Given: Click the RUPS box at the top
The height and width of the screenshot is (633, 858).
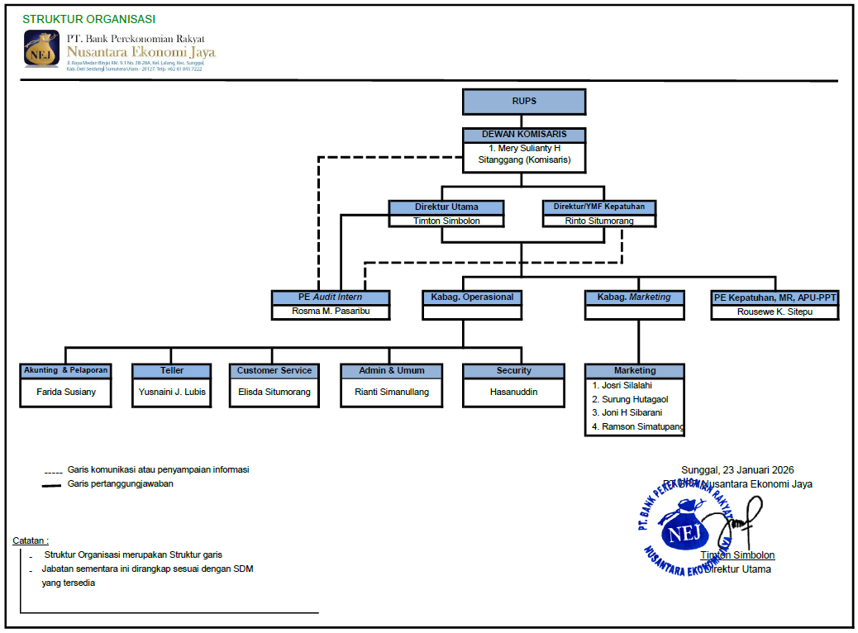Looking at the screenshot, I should pos(524,102).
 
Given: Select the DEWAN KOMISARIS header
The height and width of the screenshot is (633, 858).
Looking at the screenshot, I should pos(524,135).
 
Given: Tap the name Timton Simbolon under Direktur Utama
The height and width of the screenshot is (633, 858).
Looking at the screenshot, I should pos(446,221).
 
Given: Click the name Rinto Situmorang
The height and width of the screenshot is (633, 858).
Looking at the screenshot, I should pos(598,221).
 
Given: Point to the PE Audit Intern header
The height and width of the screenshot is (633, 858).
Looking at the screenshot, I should pos(331,297).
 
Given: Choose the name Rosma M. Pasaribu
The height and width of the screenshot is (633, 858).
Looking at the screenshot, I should pos(331,312).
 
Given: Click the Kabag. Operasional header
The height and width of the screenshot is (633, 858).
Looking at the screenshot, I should pos(472,297).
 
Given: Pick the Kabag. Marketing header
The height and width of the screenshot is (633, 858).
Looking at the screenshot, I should pos(634,297).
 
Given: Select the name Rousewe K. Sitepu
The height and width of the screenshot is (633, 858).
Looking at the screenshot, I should pos(775,312).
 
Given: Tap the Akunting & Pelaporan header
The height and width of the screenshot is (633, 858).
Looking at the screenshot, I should pos(66,370).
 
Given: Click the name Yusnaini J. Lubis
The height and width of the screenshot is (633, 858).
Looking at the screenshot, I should pos(172,392).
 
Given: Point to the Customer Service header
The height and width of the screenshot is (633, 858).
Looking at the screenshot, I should pos(274,370).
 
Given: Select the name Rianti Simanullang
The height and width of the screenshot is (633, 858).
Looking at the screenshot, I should pos(393,392).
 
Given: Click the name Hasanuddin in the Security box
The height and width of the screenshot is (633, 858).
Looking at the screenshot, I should pos(513,392).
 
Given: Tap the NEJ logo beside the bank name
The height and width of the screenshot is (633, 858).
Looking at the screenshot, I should pos(41,49).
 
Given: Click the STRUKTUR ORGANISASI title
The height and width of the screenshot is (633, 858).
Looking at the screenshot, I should pos(88,19).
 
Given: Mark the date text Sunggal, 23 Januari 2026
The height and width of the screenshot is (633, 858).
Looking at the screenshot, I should pos(737,469).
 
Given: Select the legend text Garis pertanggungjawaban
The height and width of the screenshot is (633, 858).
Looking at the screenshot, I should pos(121,483).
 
